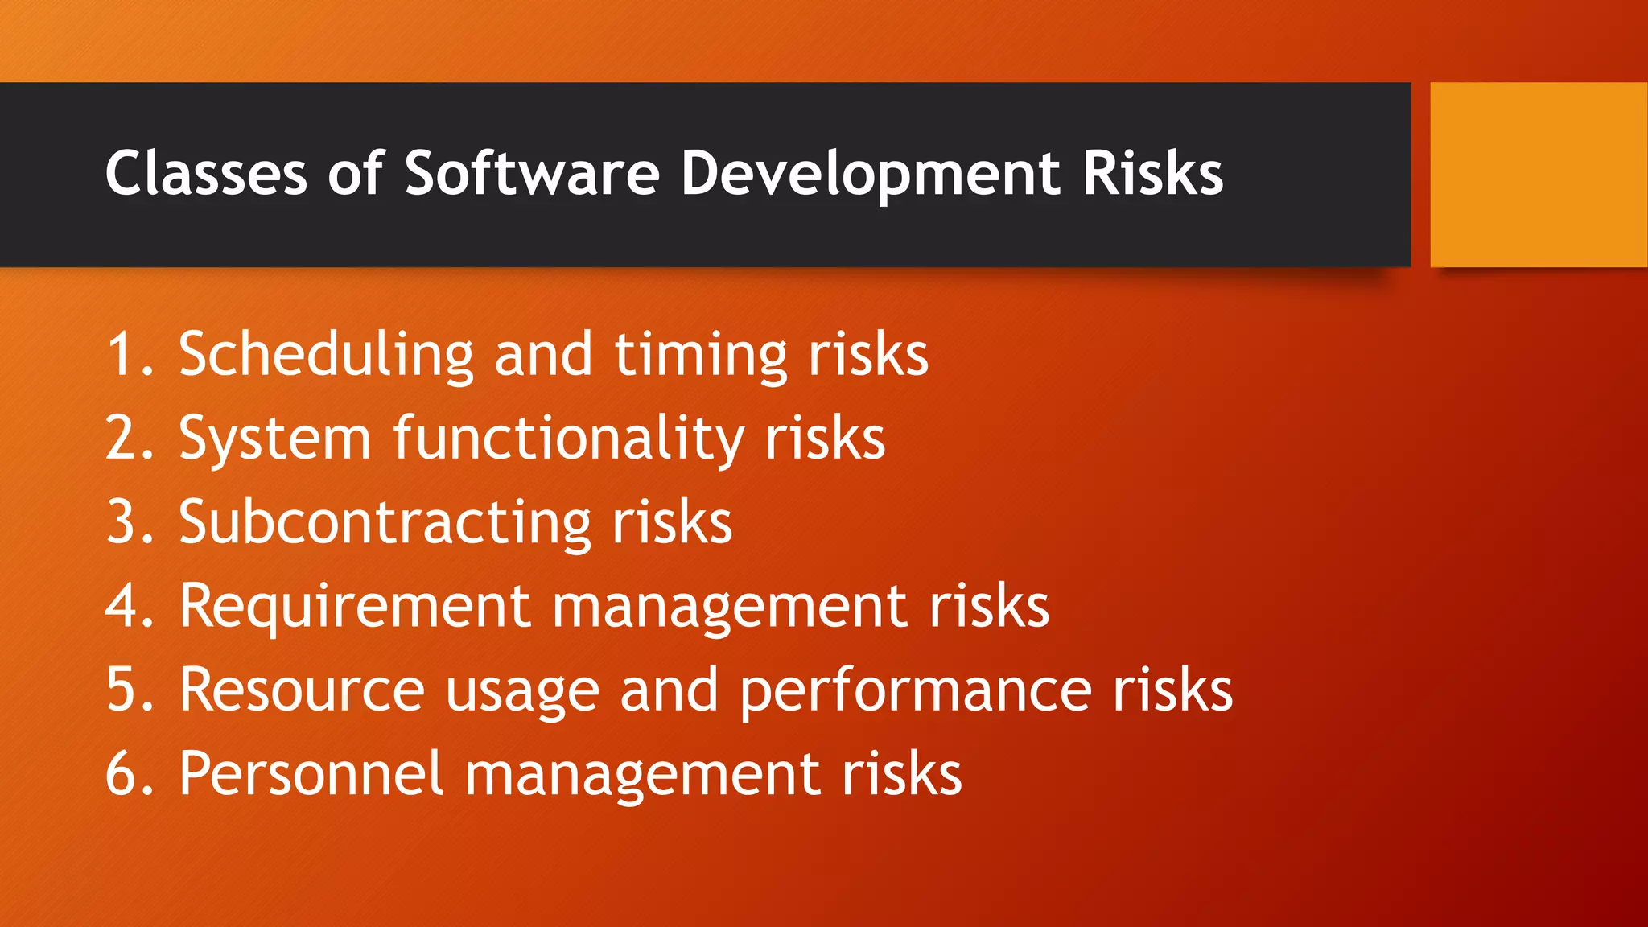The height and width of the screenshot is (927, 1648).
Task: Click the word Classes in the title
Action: (206, 173)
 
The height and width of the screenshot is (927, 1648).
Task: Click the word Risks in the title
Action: (1152, 173)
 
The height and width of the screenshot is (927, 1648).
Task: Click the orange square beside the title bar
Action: (1538, 175)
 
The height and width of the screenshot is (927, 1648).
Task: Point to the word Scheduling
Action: (326, 355)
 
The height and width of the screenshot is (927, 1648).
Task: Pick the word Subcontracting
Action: (385, 523)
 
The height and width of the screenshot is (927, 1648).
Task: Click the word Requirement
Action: (355, 608)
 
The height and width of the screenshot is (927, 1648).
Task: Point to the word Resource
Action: (302, 690)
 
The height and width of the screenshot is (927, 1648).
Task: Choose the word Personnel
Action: (311, 774)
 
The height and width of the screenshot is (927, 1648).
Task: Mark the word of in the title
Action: (355, 173)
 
